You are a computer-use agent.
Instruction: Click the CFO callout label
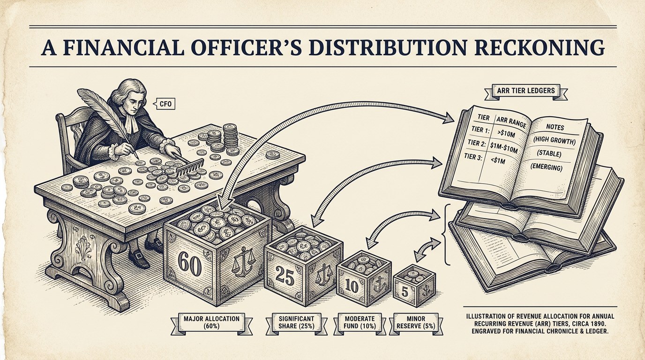click(x=165, y=104)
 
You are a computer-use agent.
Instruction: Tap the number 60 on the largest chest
click(x=189, y=263)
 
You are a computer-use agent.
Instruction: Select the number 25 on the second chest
click(x=285, y=275)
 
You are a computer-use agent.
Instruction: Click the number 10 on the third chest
click(x=352, y=286)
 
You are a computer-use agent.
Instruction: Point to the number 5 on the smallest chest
click(x=405, y=292)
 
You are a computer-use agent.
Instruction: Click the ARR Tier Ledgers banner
click(x=526, y=91)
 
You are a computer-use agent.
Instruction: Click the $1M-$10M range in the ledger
click(x=504, y=148)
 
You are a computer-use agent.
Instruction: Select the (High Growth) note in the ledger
click(x=554, y=141)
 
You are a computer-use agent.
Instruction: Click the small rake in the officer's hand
click(x=188, y=164)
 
